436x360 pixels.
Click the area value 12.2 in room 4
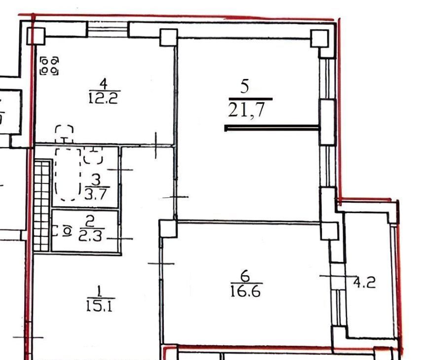103,98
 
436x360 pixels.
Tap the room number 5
245,86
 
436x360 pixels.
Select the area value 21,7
246,110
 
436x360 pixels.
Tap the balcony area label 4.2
364,283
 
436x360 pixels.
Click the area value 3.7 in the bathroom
95,194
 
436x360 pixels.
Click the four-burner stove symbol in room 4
49,66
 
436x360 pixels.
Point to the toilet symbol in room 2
63,231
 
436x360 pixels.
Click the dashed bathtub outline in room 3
68,174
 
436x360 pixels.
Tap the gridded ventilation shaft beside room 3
42,206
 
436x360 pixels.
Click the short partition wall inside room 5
272,128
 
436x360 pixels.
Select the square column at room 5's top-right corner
319,38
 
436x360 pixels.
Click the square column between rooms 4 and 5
169,37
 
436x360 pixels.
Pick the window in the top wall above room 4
108,29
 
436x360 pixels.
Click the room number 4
104,84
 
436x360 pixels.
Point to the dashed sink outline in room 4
64,134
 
